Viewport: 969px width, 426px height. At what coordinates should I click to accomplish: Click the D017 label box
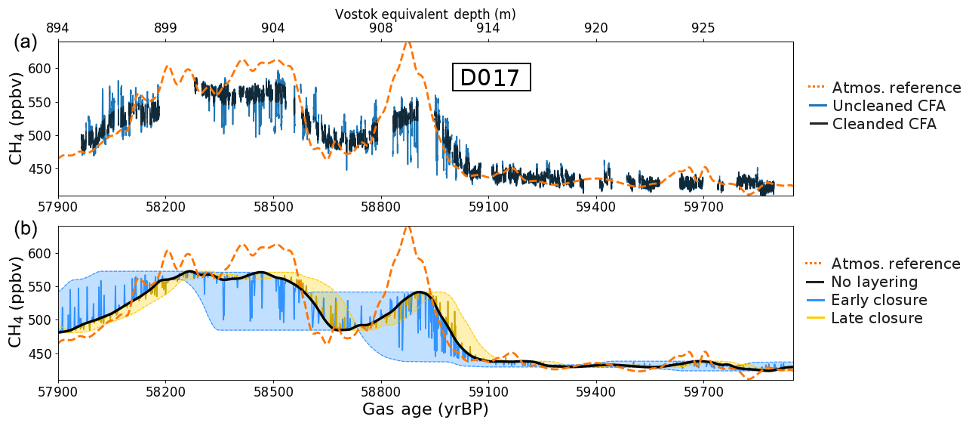click(x=491, y=78)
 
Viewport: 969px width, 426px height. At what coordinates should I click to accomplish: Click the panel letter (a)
click(x=25, y=42)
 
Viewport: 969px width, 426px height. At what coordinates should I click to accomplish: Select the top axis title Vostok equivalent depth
click(x=425, y=14)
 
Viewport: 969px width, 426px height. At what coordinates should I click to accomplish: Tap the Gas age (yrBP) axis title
click(x=425, y=410)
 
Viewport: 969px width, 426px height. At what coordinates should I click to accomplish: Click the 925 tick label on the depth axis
click(x=703, y=29)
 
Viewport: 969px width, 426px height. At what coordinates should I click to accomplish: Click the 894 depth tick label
click(x=58, y=29)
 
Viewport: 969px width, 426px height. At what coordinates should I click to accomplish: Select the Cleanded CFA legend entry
click(x=884, y=125)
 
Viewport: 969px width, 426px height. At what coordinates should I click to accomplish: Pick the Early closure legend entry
click(x=879, y=301)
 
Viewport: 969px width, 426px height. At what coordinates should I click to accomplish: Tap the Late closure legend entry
click(x=877, y=319)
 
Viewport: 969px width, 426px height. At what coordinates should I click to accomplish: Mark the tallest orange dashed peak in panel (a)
click(x=408, y=43)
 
